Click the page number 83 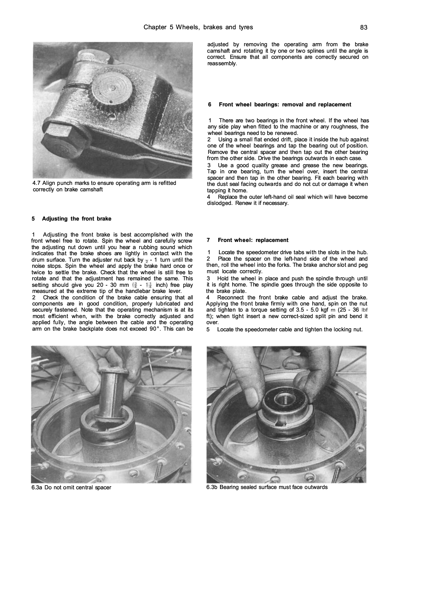364,28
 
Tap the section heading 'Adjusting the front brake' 76,219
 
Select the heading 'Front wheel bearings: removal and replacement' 285,105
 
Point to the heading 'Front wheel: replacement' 253,240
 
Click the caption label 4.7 36,183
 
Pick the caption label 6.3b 212,487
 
